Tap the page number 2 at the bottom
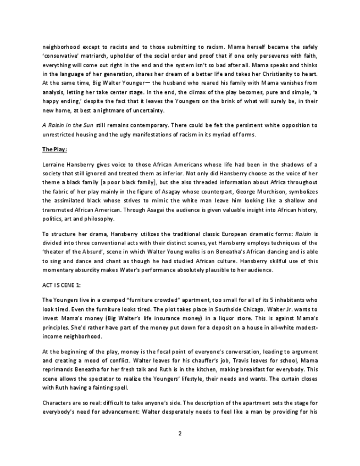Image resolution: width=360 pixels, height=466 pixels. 180,434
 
